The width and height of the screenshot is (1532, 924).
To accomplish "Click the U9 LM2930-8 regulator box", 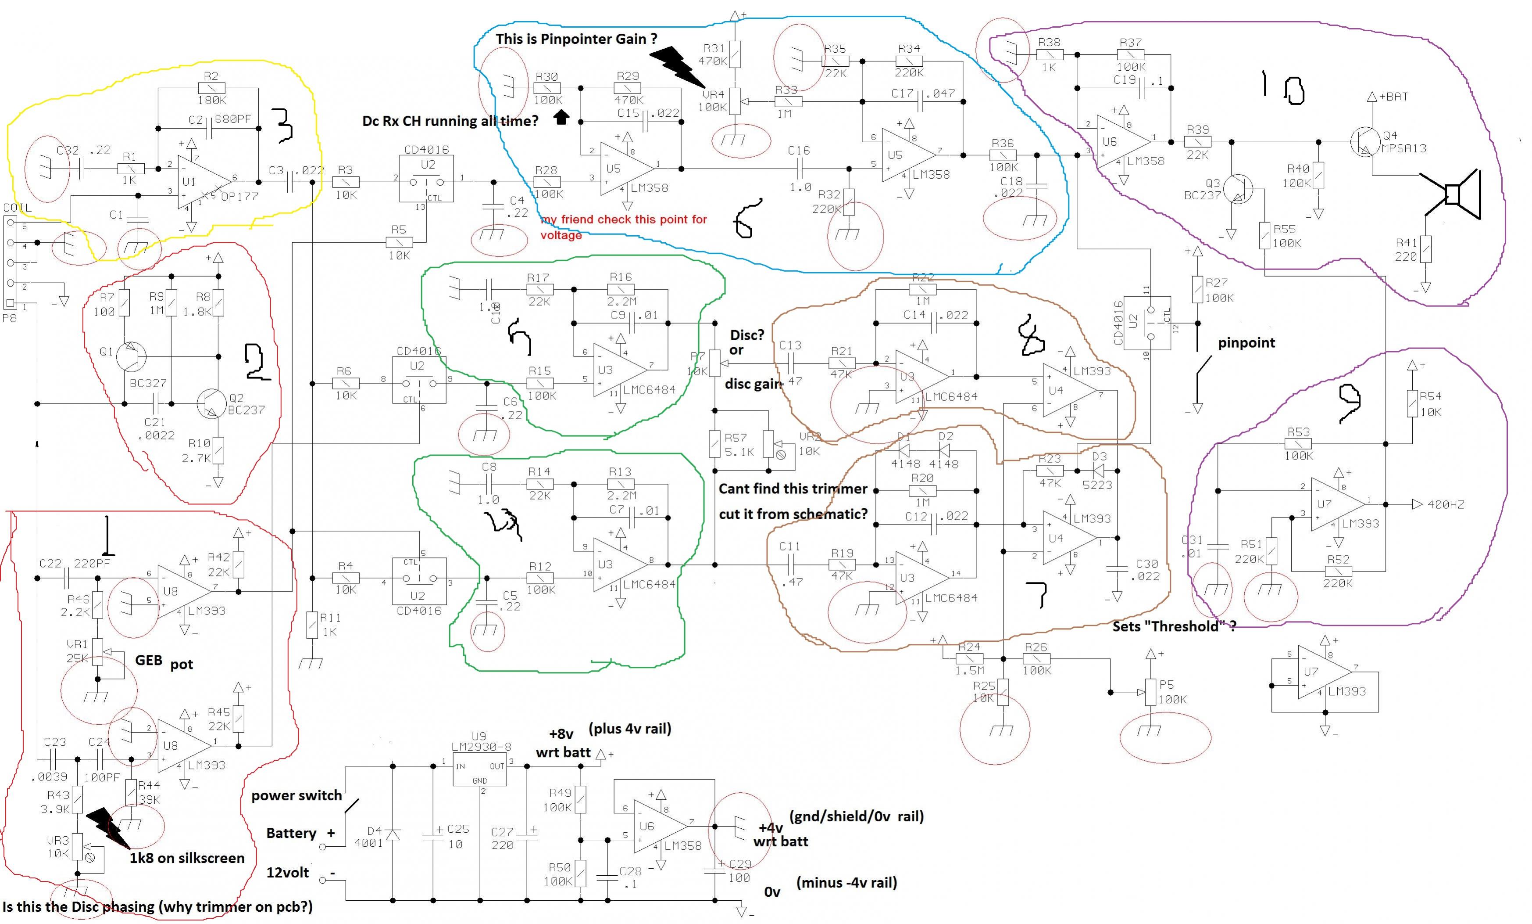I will coord(479,767).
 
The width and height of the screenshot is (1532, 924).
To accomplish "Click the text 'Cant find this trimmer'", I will coord(792,489).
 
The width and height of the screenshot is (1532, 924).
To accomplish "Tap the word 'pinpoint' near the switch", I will coord(1246,343).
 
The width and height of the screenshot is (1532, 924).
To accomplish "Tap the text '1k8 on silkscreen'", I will coord(186,859).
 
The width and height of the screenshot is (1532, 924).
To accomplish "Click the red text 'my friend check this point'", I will coord(624,219).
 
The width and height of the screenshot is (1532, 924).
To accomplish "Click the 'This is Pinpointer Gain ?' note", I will coord(576,39).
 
